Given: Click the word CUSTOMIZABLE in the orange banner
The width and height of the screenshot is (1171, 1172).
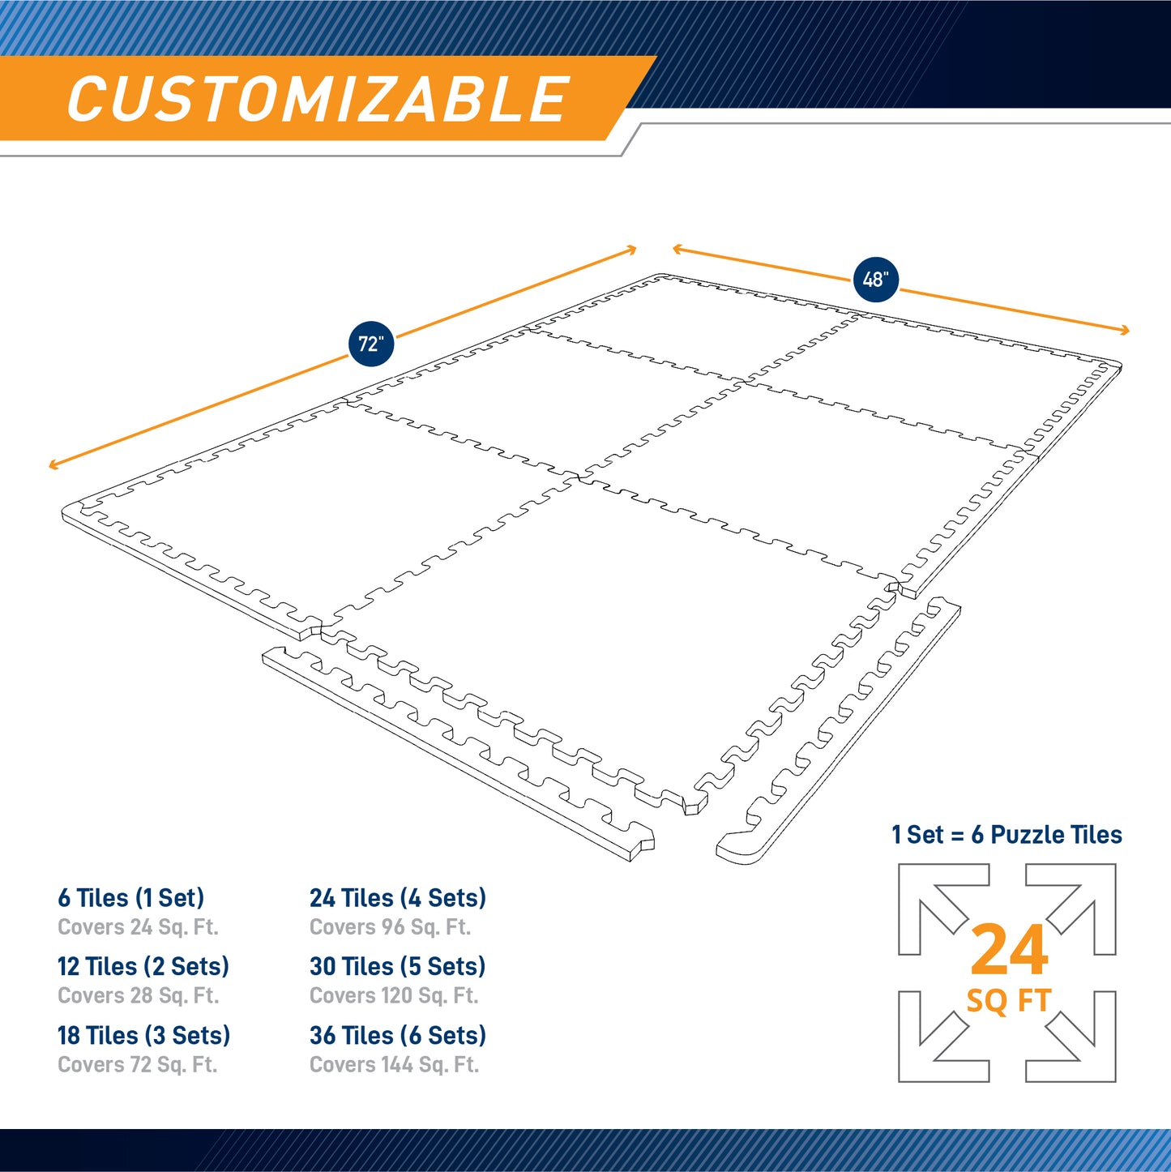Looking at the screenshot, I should [318, 100].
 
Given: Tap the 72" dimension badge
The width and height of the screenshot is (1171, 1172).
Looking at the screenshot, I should [370, 344].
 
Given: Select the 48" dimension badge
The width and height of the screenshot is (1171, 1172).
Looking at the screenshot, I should [875, 280].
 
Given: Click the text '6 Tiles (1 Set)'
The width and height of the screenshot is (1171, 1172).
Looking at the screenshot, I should [130, 898].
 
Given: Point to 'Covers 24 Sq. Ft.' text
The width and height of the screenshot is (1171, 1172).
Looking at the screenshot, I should [138, 927].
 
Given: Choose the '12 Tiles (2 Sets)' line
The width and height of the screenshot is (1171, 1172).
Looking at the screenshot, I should [143, 966].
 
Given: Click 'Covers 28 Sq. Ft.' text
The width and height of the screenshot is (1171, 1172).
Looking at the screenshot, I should [138, 995].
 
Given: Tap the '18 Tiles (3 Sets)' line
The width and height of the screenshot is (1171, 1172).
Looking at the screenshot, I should [143, 1035].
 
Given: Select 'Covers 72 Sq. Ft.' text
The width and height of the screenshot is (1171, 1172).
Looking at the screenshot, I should [137, 1064].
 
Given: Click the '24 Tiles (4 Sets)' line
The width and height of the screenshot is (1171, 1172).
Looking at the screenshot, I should [397, 898].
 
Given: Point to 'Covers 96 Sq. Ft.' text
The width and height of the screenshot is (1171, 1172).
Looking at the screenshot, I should [390, 927].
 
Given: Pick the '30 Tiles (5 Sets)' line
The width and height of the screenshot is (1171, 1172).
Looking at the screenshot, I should [397, 966].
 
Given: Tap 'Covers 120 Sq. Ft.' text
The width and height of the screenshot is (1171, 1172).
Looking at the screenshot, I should [394, 995].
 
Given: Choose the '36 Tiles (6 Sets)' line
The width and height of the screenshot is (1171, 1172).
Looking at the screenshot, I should [397, 1035].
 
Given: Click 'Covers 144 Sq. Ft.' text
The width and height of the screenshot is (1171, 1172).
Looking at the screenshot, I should [394, 1064].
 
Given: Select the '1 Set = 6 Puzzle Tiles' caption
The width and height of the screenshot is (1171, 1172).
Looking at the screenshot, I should [1006, 835].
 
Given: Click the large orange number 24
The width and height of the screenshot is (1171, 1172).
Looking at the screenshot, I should [1009, 951].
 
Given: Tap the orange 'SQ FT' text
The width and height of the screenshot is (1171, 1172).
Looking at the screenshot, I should [1008, 1001].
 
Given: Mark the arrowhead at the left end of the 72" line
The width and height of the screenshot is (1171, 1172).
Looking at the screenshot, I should [52, 465].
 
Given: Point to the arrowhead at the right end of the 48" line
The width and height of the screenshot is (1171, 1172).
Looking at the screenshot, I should [1126, 330].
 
